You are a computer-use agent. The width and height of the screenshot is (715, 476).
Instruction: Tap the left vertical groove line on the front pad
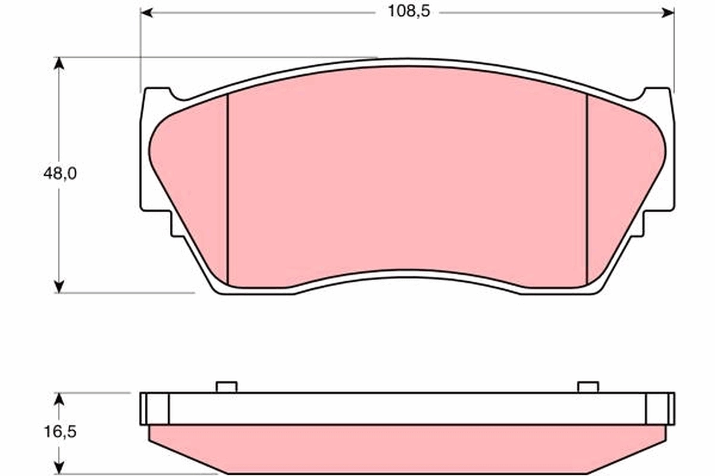[x=228, y=190]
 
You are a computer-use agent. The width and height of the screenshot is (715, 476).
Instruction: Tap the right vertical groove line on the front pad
[x=587, y=190]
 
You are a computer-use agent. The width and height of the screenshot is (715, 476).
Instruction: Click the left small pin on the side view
[x=226, y=387]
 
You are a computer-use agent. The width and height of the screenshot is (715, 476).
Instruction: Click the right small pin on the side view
[x=587, y=387]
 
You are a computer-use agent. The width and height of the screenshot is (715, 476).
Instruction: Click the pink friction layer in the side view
[x=405, y=449]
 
